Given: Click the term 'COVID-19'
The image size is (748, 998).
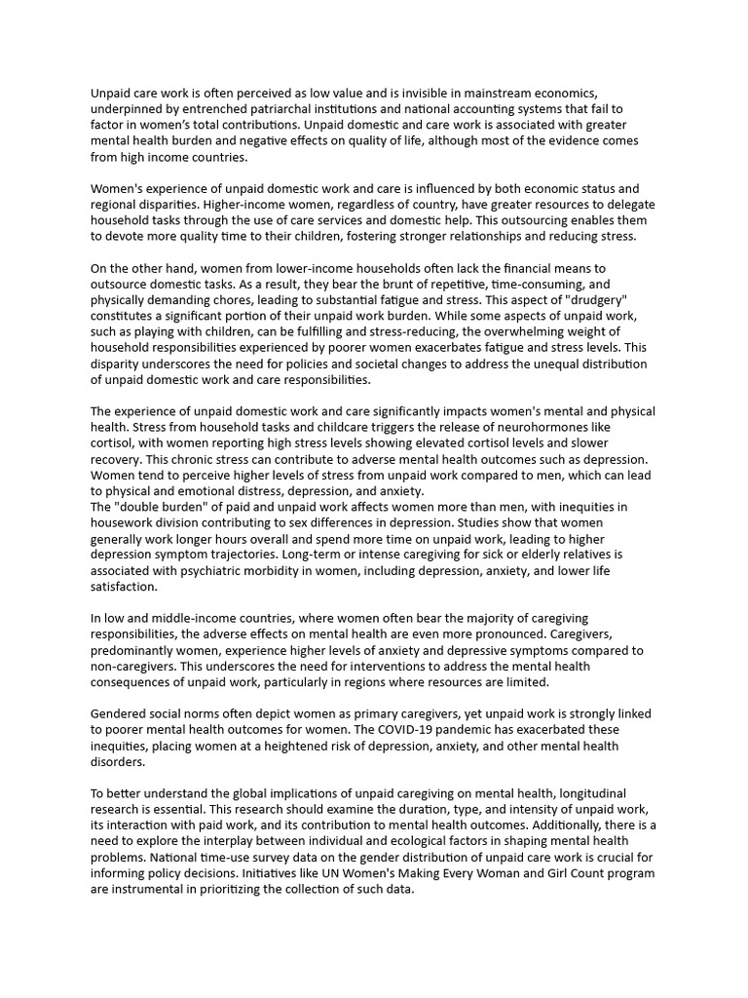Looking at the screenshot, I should (393, 730).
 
